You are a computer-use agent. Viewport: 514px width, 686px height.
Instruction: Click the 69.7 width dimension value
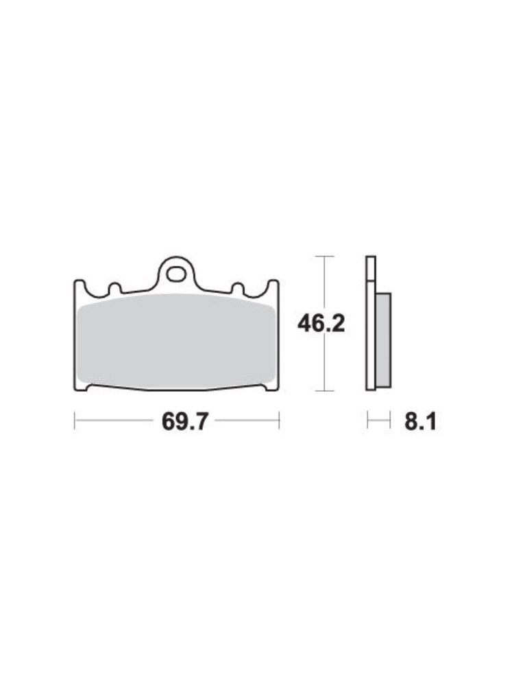click(184, 421)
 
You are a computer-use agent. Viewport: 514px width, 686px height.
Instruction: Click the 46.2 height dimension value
click(321, 324)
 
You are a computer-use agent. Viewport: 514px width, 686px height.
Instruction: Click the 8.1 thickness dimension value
click(420, 421)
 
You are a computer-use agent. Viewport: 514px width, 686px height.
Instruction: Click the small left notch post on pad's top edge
click(114, 288)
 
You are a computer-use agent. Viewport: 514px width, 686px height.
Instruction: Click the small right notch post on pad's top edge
click(238, 288)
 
